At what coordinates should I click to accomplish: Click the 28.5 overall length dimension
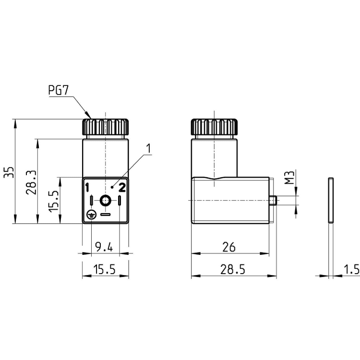232,270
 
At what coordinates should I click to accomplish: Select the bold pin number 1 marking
87,187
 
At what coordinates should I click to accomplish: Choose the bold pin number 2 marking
122,187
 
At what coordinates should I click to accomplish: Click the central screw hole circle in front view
105,200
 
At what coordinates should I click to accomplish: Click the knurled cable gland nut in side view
214,127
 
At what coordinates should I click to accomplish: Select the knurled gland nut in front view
105,127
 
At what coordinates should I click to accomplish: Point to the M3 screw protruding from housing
274,200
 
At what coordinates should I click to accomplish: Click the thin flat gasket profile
331,200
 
